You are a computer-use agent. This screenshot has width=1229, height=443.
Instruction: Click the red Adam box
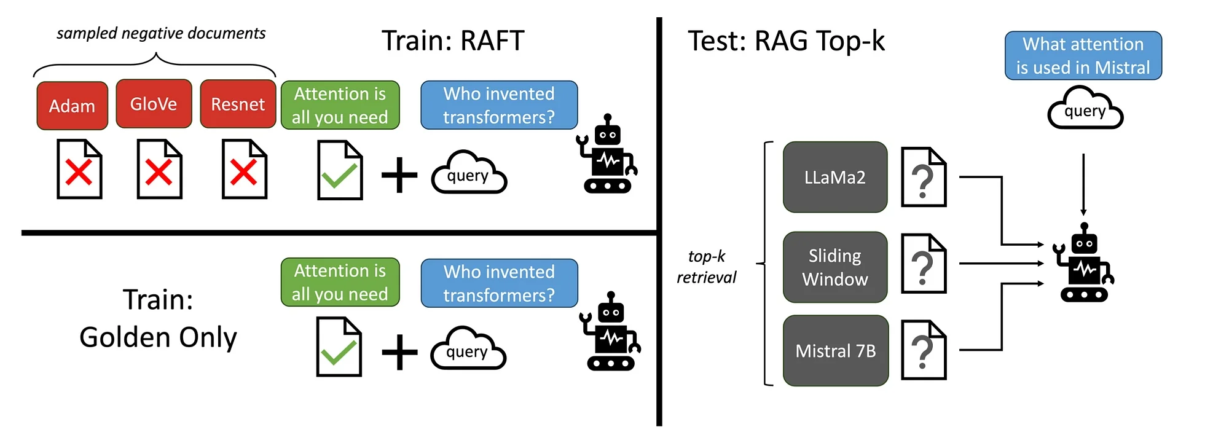pos(72,106)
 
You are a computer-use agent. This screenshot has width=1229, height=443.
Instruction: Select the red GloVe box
pos(154,104)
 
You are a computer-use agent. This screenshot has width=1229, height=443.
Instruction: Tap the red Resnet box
pos(238,104)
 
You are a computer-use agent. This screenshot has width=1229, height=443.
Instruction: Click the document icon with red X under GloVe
pos(159,169)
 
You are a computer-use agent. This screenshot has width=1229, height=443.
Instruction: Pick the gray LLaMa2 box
pos(834,177)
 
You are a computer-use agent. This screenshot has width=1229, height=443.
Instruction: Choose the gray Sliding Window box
pos(834,267)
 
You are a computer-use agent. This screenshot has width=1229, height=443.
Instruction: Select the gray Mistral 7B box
pos(835,350)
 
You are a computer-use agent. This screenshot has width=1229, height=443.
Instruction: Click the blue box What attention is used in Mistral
pos(1083,55)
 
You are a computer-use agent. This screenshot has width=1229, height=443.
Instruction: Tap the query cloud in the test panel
pos(1085,109)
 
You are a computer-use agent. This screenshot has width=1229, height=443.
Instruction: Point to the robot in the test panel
pos(1085,264)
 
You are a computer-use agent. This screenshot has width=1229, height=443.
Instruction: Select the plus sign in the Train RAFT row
pos(399,175)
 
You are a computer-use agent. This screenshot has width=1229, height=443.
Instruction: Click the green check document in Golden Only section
pos(339,347)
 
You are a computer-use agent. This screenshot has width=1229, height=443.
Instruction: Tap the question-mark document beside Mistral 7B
pos(923,350)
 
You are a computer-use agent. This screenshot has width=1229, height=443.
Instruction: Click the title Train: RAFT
pos(453,41)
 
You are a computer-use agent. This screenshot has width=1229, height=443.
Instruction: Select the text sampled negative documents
pos(161,33)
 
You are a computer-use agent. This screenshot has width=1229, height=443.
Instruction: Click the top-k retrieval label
pos(706,267)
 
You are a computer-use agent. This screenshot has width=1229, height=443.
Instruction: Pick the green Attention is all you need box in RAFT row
pos(340,105)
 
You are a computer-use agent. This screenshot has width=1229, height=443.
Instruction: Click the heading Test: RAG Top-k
pos(786,41)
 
